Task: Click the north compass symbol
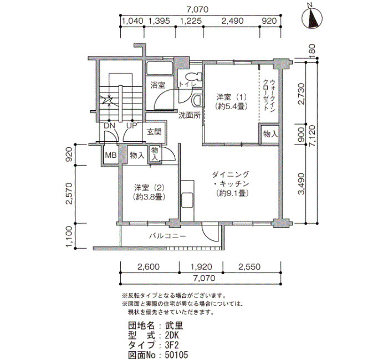(313, 18)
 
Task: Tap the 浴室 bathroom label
(157, 85)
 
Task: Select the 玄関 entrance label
(154, 132)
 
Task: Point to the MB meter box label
(111, 155)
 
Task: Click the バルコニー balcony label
(167, 236)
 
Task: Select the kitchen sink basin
(187, 200)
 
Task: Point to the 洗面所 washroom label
(190, 115)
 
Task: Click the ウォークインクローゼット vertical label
(269, 95)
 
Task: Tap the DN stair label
(109, 126)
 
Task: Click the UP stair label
(131, 126)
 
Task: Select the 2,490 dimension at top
(232, 21)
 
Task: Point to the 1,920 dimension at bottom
(201, 267)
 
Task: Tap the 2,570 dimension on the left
(69, 194)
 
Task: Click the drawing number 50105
(176, 354)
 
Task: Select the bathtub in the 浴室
(160, 68)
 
